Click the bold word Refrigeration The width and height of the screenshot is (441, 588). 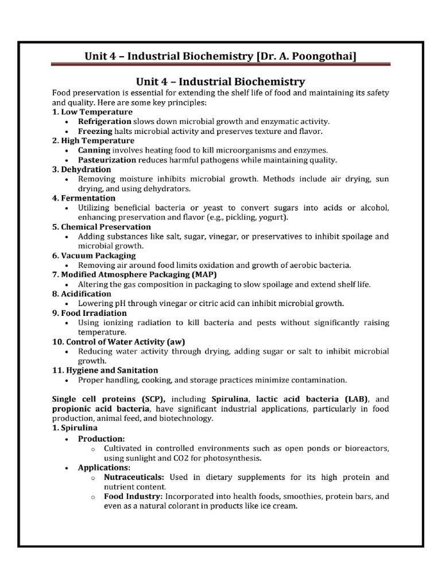coord(105,122)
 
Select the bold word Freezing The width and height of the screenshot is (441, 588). coord(96,131)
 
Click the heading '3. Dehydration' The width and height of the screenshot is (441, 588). coord(82,169)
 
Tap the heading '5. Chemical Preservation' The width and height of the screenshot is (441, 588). coord(102,227)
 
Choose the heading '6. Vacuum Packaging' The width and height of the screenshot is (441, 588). coord(94,255)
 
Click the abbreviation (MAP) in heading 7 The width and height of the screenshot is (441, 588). coord(205,274)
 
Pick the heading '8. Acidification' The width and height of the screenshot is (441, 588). coord(82,293)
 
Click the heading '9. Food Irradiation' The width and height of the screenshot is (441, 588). coord(90,313)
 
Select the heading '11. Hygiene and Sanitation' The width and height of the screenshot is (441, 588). coord(105,370)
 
